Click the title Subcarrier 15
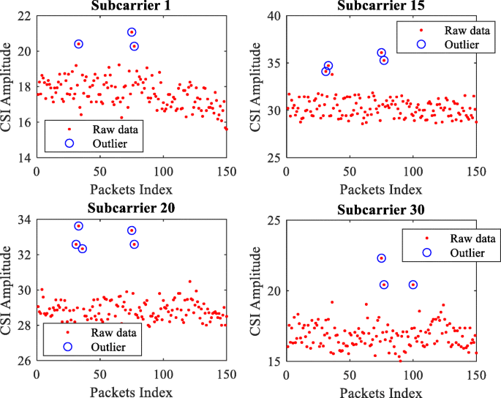coord(380,7)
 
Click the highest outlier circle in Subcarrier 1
coord(132,32)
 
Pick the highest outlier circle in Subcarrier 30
coord(381,258)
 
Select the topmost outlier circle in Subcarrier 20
coord(78,226)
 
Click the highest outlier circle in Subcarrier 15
coord(381,53)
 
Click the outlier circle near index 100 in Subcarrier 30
coord(413,285)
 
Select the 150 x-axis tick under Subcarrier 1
coord(227,171)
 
